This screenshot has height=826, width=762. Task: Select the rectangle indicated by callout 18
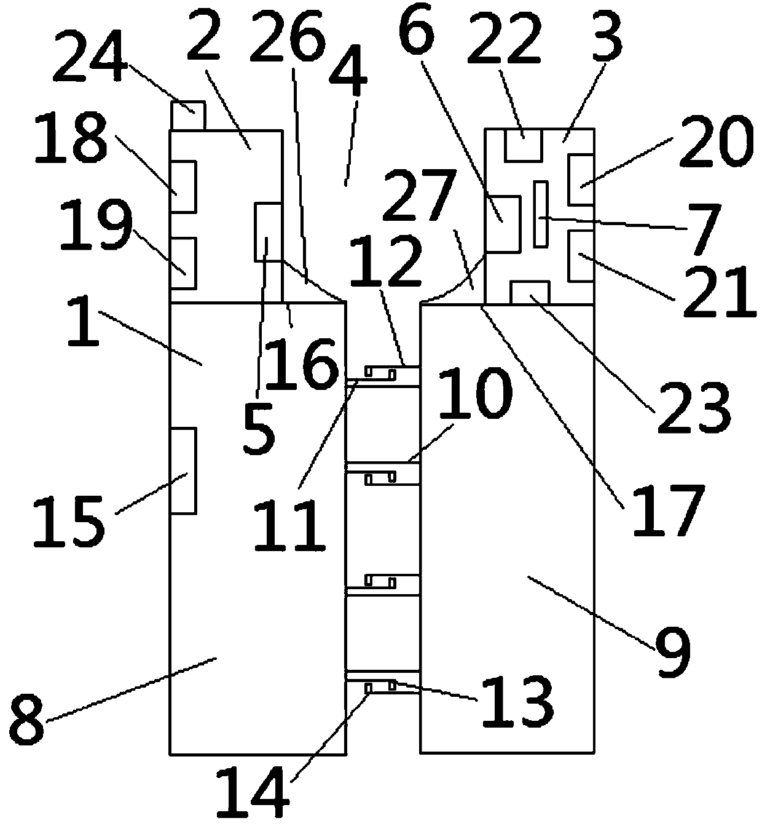(x=183, y=187)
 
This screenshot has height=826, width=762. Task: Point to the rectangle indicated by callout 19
(x=183, y=263)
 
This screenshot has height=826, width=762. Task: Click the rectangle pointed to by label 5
(x=269, y=231)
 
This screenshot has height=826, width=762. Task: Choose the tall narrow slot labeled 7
(x=541, y=215)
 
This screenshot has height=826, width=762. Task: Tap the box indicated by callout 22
(x=523, y=145)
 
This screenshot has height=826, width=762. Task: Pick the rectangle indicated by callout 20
(x=581, y=180)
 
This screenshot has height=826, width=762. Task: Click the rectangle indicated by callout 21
(x=581, y=257)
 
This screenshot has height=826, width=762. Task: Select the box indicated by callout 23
(x=530, y=292)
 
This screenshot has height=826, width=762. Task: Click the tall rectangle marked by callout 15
(x=183, y=471)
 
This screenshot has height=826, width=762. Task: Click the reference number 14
(x=253, y=789)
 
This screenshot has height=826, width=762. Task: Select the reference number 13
(x=516, y=702)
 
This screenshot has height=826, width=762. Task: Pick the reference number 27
(x=420, y=195)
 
